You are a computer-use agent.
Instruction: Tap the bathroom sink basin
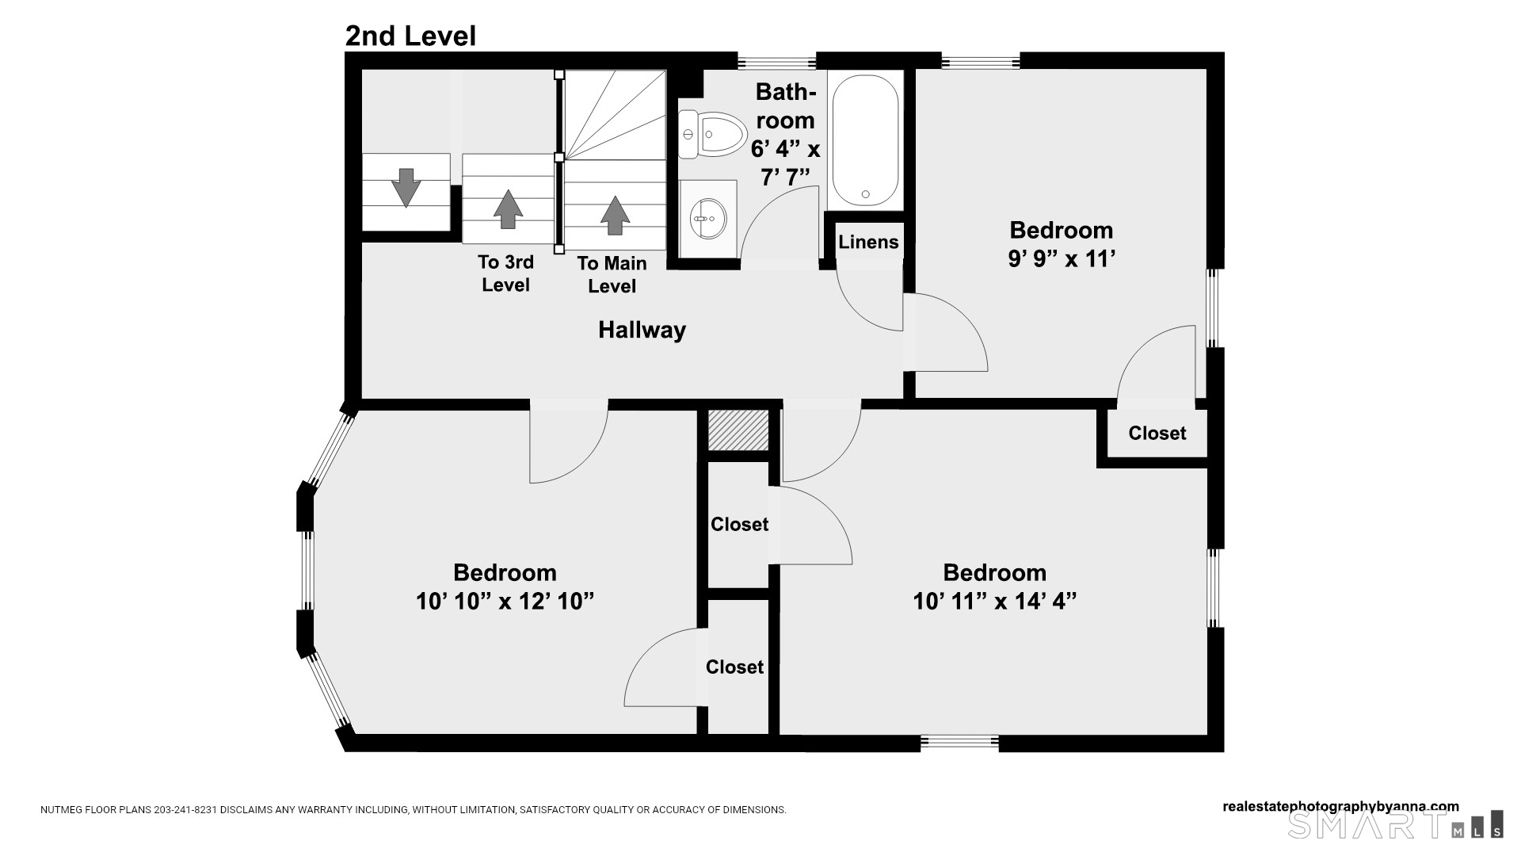coord(708,218)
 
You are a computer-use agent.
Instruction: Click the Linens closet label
coord(868,242)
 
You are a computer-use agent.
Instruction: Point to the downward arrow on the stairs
coord(406,188)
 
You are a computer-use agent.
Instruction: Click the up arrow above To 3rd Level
coord(508,209)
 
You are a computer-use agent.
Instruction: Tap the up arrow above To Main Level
coord(615,215)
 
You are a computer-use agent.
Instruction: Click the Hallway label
coord(642,330)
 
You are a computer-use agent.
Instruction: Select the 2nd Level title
coord(410,36)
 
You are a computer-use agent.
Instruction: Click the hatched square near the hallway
coord(738,430)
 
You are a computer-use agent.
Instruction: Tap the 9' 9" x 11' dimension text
coord(1062,259)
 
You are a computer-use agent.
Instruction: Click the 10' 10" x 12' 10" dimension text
coord(505,602)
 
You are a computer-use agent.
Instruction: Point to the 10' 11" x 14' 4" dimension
coord(994,602)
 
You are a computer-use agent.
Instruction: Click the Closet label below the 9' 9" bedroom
coord(1157,433)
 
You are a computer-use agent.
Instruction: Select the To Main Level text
coord(612,274)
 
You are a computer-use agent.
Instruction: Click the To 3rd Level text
coord(505,273)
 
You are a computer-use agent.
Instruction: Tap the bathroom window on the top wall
coord(776,60)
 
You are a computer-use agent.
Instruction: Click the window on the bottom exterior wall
coord(959,743)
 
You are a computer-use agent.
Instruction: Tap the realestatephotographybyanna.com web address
coord(1340,807)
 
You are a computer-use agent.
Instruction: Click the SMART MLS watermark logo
coord(1396,824)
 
